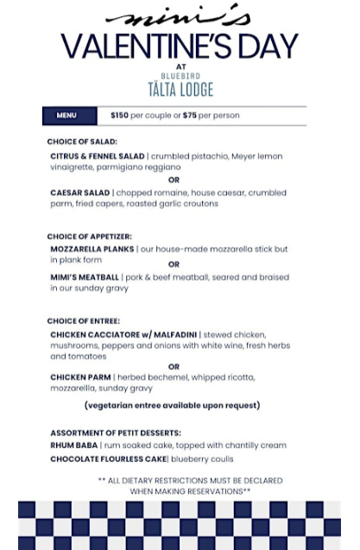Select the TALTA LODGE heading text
pyautogui.click(x=180, y=89)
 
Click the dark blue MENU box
pyautogui.click(x=66, y=115)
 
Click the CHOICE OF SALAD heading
pyautogui.click(x=82, y=142)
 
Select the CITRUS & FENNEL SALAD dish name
pyautogui.click(x=97, y=156)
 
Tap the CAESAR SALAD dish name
pyautogui.click(x=80, y=193)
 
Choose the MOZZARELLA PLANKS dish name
pyautogui.click(x=92, y=249)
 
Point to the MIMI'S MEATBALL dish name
pyautogui.click(x=85, y=277)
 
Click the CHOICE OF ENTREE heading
pyautogui.click(x=84, y=321)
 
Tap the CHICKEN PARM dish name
pyautogui.click(x=80, y=377)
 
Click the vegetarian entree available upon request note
pyautogui.click(x=172, y=405)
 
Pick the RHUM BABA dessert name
pyautogui.click(x=74, y=446)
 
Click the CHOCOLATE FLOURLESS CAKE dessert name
pyautogui.click(x=108, y=458)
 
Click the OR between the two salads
pyautogui.click(x=174, y=180)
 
